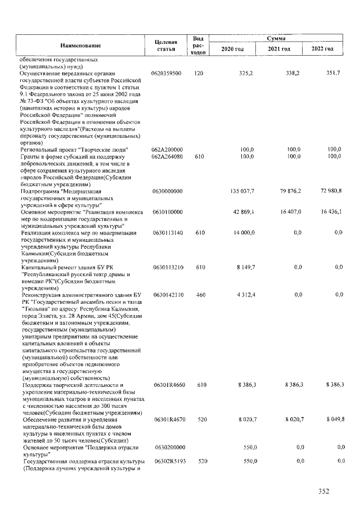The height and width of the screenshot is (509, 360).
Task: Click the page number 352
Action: (323, 491)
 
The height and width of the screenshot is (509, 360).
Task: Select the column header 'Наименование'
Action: (81, 45)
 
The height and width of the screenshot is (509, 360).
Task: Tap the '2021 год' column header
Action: (279, 49)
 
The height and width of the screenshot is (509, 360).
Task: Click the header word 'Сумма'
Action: (276, 38)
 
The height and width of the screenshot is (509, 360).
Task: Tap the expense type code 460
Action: (198, 294)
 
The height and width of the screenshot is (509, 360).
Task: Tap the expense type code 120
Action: (198, 74)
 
